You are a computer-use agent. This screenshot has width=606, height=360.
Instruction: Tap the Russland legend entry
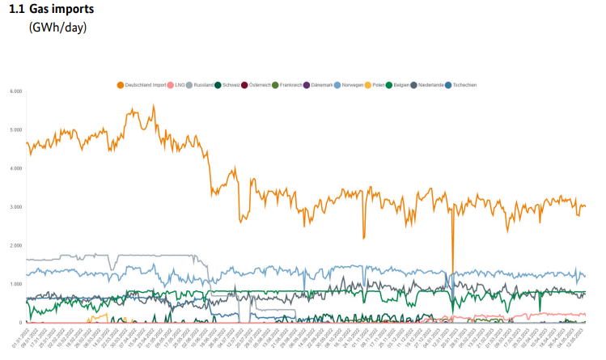[204, 85]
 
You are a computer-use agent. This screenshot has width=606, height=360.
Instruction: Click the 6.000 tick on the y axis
[15, 91]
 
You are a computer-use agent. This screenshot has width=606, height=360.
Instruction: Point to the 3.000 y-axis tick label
[15, 207]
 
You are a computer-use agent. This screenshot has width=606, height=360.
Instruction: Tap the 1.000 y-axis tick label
[15, 284]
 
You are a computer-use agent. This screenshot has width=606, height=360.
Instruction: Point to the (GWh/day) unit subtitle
[57, 28]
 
